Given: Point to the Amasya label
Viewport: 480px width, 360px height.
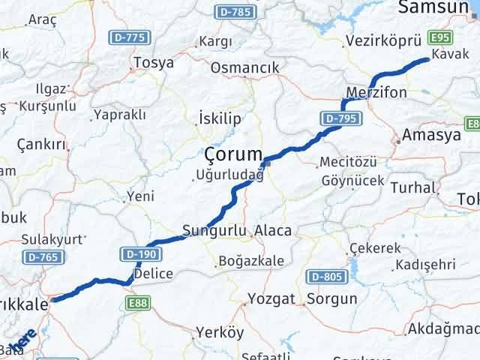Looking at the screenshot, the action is (431, 135).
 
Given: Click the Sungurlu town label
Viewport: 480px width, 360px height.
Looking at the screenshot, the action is (214, 230).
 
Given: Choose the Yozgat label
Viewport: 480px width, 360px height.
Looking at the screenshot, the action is (272, 298).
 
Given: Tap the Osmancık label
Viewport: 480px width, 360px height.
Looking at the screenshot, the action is (244, 67).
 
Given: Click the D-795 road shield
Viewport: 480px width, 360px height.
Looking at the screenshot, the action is (340, 118).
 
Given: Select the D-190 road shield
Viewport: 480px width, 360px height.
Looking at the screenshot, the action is (133, 256).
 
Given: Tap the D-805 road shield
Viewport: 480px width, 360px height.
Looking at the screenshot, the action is (327, 277).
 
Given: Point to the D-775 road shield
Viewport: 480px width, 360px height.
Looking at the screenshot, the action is (128, 37).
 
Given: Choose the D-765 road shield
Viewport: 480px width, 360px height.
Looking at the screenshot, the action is (42, 256).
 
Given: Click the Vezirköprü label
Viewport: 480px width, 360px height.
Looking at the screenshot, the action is (379, 42).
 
